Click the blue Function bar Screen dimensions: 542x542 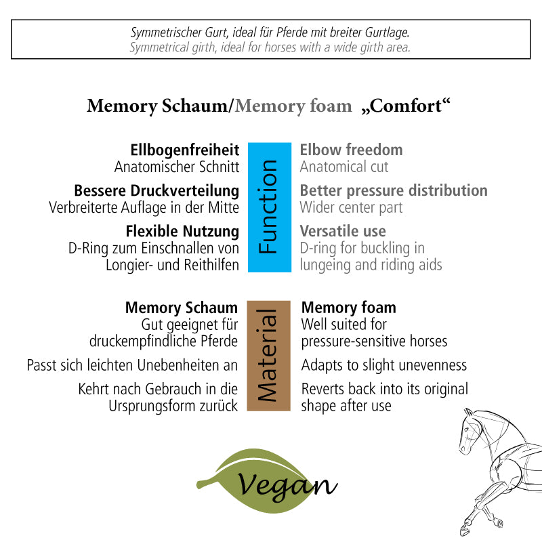coord(269,207)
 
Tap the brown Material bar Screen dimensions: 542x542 coord(269,356)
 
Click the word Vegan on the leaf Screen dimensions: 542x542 coord(287,484)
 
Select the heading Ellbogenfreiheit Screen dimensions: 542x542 coord(184,150)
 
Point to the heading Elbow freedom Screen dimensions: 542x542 coord(351,150)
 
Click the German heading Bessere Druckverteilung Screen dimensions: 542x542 coord(157,190)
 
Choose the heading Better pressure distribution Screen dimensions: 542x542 coord(394,190)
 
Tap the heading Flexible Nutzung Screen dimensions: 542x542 coord(182,231)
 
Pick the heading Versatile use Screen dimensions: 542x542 coord(343,231)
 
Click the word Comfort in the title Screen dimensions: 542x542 coord(410,106)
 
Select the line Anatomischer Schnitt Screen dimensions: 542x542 coord(177,167)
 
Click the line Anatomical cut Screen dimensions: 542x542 coord(344,167)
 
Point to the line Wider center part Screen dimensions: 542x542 coord(351,207)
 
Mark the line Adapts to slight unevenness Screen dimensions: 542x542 coord(384,366)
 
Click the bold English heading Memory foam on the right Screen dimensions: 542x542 coord(348,308)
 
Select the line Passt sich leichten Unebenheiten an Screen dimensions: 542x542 coord(133,366)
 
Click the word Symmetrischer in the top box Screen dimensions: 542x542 coord(161,33)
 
